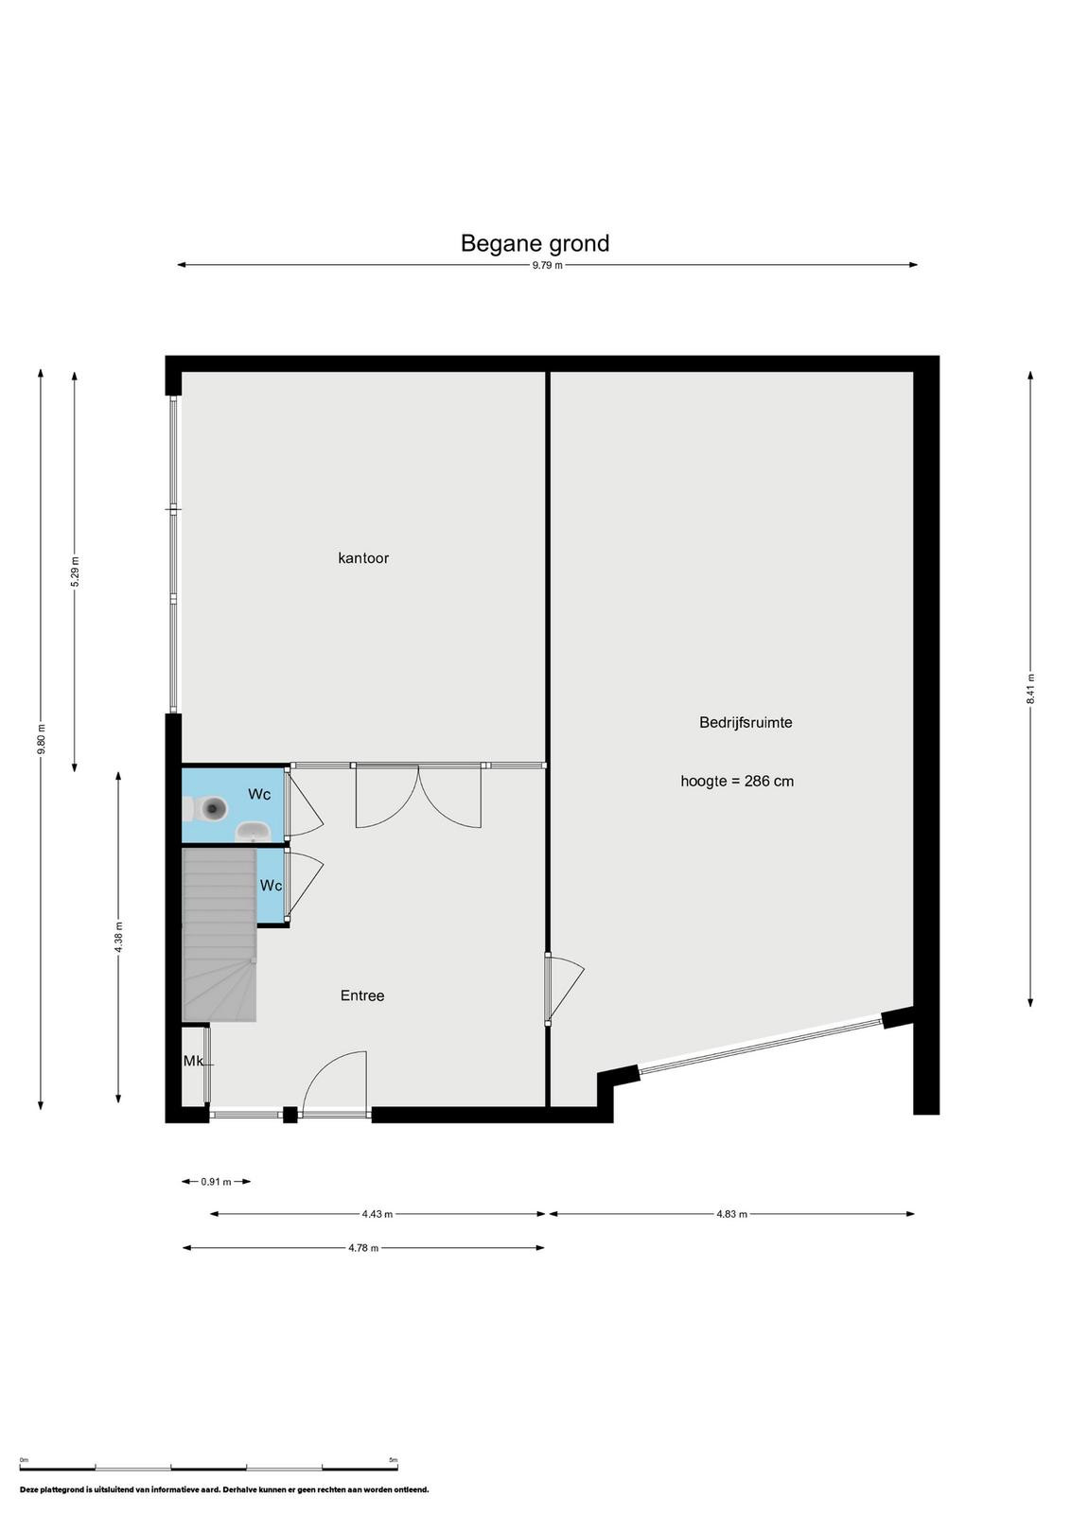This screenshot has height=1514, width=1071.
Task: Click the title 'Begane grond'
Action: pos(535,243)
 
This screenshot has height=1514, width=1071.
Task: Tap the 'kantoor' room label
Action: pos(363,557)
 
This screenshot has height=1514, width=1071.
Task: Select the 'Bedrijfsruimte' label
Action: pos(746,723)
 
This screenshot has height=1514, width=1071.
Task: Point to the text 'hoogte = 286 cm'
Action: pos(736,782)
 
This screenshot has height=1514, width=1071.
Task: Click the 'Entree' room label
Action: pos(362,995)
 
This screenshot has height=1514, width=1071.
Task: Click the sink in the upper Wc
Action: pos(253,832)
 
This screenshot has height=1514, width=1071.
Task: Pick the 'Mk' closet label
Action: pos(193,1061)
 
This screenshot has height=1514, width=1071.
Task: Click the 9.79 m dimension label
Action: pos(547,266)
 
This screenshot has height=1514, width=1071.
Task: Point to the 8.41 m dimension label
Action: pos(1029,689)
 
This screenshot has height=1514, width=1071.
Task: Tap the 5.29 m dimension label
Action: pos(75,572)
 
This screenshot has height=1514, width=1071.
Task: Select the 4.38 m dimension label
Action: pos(119,938)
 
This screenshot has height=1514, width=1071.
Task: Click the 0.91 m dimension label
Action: pos(217,1182)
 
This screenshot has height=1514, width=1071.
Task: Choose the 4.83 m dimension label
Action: pos(731,1214)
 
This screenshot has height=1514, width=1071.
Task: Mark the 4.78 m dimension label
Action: pos(363,1248)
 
